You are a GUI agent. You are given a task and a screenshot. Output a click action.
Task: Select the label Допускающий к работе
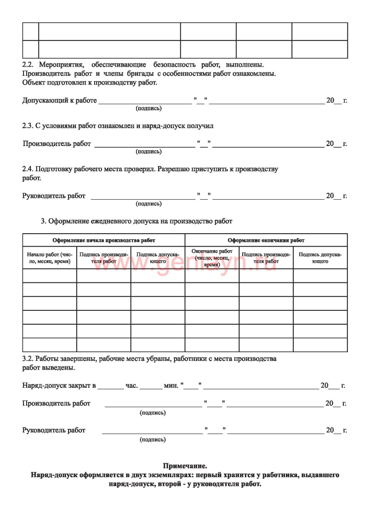pos(59,101)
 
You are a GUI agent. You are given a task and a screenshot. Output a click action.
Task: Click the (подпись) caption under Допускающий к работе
pos(149,108)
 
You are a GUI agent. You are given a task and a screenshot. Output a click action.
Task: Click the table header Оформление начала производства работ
pos(104,240)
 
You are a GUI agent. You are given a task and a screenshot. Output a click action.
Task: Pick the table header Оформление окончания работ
pos(266,240)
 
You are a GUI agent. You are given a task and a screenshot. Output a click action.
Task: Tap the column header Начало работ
pos(49,258)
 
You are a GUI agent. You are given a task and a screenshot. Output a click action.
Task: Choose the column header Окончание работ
pos(212,258)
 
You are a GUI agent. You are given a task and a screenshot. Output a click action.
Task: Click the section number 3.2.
pos(28,359)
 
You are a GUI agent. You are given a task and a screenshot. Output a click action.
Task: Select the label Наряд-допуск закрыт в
pos(59,386)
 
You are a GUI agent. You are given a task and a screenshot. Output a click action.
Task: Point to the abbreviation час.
pos(132,386)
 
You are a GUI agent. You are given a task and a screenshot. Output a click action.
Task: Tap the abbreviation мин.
pos(171,386)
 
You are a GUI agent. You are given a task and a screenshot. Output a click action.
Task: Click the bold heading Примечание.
pos(185,466)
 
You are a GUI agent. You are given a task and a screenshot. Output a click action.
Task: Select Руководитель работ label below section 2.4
pos(54,196)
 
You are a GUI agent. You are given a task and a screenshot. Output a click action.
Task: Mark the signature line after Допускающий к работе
pos(145,103)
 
